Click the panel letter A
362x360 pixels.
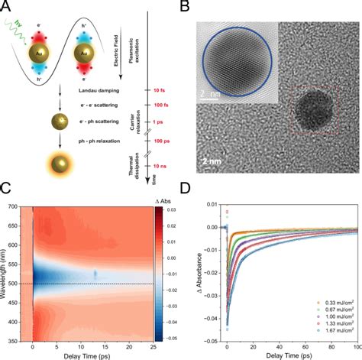[6, 8]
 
